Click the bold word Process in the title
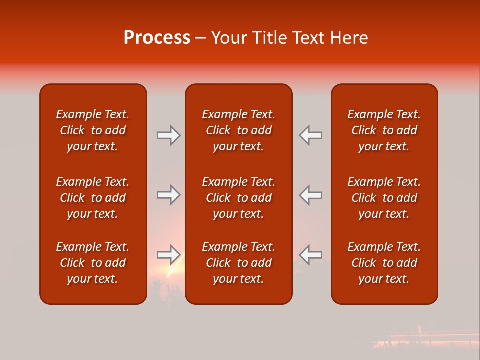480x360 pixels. point(157,38)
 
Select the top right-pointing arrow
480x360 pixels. point(168,135)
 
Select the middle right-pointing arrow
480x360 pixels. point(168,195)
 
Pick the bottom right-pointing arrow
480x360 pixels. point(168,255)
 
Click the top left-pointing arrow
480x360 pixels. point(310,135)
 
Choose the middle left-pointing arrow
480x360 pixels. point(310,195)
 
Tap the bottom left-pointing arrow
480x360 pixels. point(310,255)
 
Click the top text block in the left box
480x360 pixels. point(93,130)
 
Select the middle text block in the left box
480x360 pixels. point(93,198)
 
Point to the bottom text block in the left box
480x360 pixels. point(93,263)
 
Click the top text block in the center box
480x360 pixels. point(238,130)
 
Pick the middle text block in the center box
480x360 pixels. point(238,198)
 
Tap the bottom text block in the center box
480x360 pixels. point(238,263)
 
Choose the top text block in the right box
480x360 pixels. point(384,130)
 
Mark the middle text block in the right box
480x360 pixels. point(384,198)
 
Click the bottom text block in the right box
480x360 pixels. point(384,263)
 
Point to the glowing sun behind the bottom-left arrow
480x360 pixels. point(167,270)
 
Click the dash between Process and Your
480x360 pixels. point(201,38)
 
